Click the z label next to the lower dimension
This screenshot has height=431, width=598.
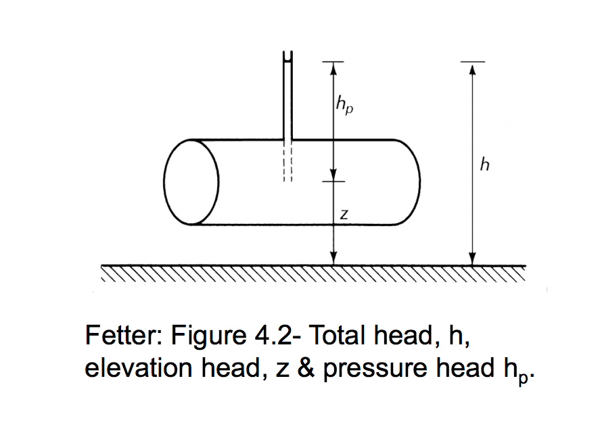pyautogui.click(x=344, y=215)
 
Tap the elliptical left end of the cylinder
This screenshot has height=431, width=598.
pyautogui.click(x=191, y=183)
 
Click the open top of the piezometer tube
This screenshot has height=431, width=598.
pyautogui.click(x=287, y=57)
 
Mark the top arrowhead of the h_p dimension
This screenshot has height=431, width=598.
pyautogui.click(x=332, y=68)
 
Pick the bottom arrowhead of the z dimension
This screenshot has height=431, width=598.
pyautogui.click(x=332, y=258)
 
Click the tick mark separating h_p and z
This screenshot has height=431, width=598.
pyautogui.click(x=332, y=181)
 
